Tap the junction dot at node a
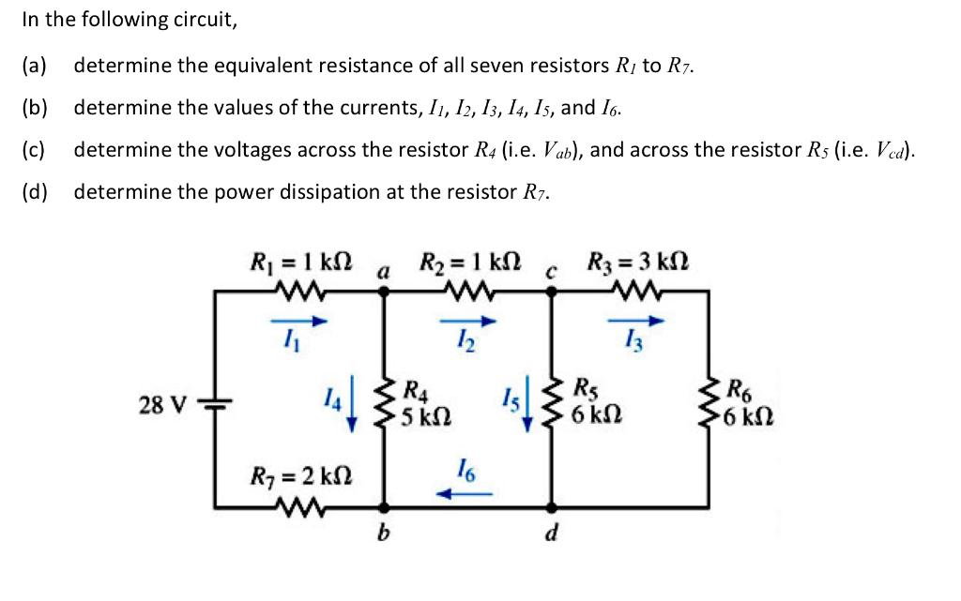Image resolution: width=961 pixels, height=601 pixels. [x=383, y=291]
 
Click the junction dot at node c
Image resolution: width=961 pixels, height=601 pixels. [x=552, y=291]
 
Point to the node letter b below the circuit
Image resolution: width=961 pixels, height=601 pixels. [x=382, y=535]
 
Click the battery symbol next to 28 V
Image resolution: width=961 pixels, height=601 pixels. [x=214, y=404]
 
